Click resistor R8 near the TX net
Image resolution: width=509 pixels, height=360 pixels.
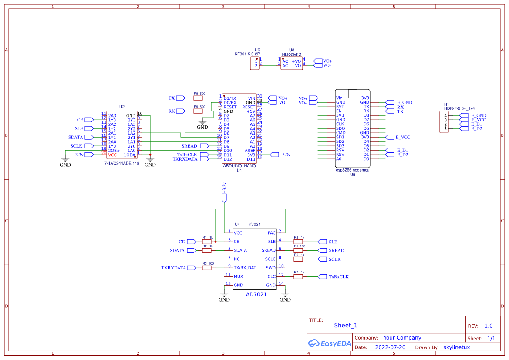coord(198,98)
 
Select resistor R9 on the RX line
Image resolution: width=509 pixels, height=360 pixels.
coord(198,111)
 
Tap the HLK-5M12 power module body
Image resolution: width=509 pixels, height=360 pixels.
coord(291,64)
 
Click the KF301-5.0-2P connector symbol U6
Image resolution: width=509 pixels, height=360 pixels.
coord(254,64)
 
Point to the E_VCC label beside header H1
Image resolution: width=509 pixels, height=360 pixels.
coord(479,120)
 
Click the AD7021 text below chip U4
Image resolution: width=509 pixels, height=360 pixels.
coord(256,294)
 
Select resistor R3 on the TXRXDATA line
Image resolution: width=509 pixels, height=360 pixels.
coord(207,268)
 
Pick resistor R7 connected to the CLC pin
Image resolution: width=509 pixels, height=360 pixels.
coord(298,276)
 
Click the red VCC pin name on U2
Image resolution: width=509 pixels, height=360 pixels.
coord(113,155)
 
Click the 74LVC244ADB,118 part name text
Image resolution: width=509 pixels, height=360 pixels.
coord(122,163)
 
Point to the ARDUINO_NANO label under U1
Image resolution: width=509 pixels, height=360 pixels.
coord(239,166)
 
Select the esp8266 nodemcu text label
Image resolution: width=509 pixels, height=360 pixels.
coord(352,170)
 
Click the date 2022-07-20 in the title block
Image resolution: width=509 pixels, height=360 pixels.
coord(390,347)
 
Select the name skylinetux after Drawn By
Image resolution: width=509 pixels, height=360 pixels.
coord(456,347)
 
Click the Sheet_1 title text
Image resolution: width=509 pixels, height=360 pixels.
coord(346,325)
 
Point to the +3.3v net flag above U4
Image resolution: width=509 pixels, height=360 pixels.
coord(224,198)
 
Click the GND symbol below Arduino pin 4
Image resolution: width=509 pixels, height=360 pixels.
coord(202,125)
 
